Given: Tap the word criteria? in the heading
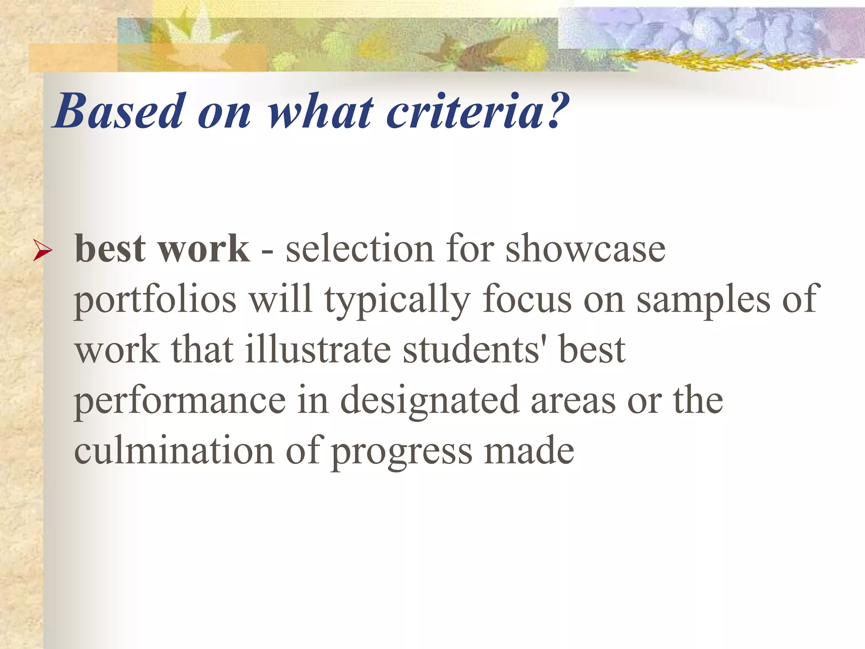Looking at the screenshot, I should (477, 112).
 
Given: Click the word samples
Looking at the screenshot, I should (703, 300).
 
